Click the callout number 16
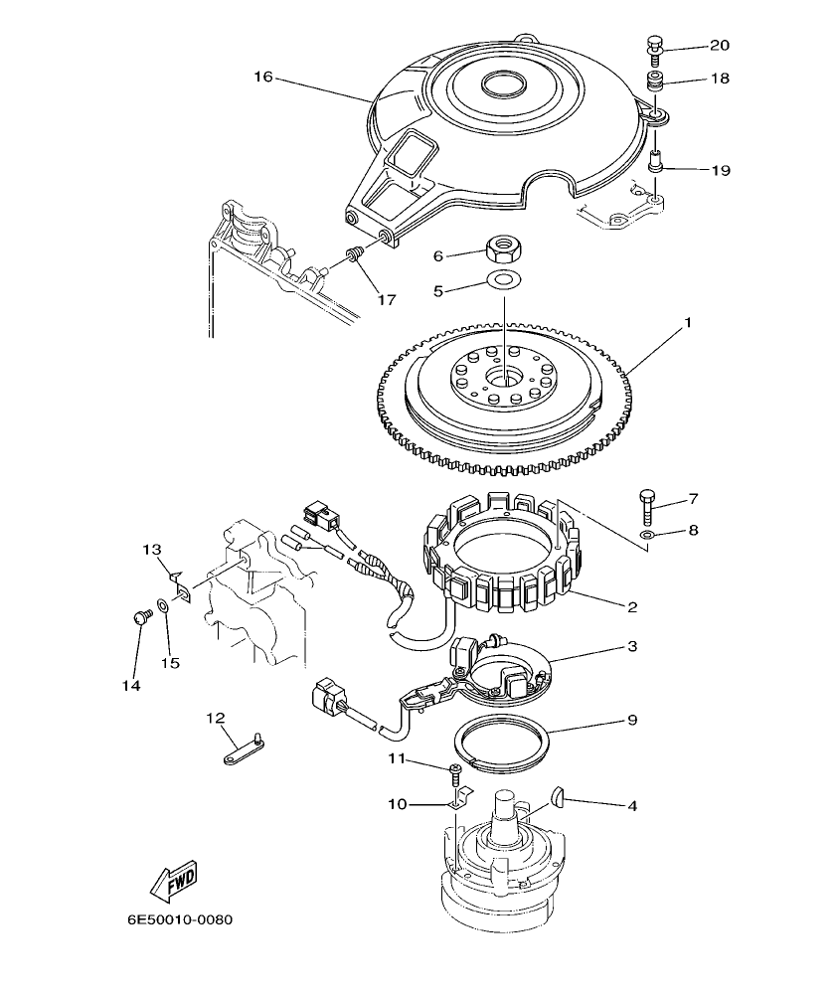pyautogui.click(x=263, y=77)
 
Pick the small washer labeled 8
pyautogui.click(x=647, y=536)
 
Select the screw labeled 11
pyautogui.click(x=455, y=772)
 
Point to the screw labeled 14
pyautogui.click(x=139, y=618)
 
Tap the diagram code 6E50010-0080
pyautogui.click(x=179, y=919)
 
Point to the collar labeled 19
pyautogui.click(x=656, y=160)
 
